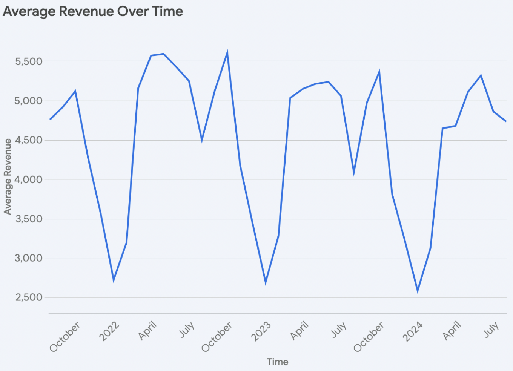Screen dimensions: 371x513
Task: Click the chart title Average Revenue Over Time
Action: pyautogui.click(x=93, y=11)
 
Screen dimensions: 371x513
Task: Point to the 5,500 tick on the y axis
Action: pyautogui.click(x=29, y=61)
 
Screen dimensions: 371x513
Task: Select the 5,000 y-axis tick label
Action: pyautogui.click(x=29, y=101)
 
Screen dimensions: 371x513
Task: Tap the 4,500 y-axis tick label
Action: pyautogui.click(x=29, y=140)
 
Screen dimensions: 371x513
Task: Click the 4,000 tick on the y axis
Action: pyautogui.click(x=29, y=179)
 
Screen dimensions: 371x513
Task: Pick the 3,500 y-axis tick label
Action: pyautogui.click(x=29, y=219)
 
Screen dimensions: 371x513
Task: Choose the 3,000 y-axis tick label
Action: pyautogui.click(x=29, y=258)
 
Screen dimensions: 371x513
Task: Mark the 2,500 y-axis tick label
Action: pyautogui.click(x=29, y=297)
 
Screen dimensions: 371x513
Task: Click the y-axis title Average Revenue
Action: pyautogui.click(x=8, y=176)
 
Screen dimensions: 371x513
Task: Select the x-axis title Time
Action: pyautogui.click(x=278, y=362)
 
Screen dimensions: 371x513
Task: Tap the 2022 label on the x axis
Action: pyautogui.click(x=109, y=331)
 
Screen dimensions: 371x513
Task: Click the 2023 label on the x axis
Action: pyautogui.click(x=261, y=331)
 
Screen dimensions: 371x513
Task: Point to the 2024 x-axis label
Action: pyautogui.click(x=413, y=331)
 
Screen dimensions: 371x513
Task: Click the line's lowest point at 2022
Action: pyautogui.click(x=114, y=280)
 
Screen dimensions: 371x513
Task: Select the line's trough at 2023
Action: pyautogui.click(x=266, y=282)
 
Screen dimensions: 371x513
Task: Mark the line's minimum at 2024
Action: pyautogui.click(x=418, y=291)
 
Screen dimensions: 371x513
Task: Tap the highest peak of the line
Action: pyautogui.click(x=227, y=53)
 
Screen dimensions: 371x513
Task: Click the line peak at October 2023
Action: pyautogui.click(x=379, y=72)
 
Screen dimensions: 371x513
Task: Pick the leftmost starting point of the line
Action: pyautogui.click(x=50, y=119)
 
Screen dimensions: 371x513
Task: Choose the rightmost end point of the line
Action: pyautogui.click(x=506, y=121)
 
